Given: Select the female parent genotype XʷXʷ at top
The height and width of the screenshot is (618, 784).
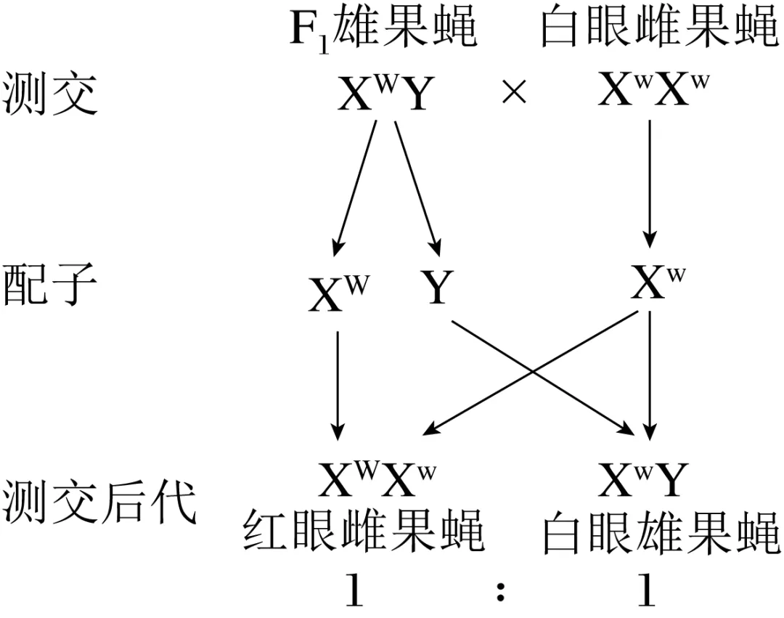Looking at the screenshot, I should point(653,92).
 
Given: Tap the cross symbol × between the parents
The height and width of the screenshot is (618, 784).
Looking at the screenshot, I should point(514,94).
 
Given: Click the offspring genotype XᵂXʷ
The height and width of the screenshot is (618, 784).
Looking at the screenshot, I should point(377,479).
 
